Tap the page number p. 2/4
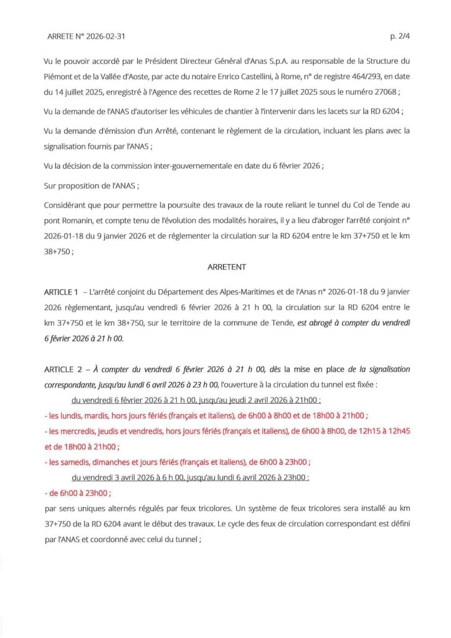point(400,37)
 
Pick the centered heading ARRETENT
point(227,267)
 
